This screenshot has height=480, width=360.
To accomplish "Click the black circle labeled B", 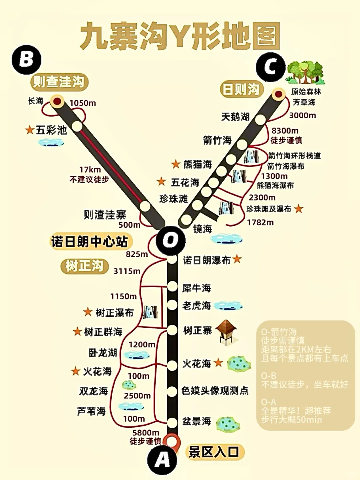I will click(26, 60).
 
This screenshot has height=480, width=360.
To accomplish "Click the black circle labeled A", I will click(162, 460).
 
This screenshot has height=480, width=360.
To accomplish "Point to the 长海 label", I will click(36, 101).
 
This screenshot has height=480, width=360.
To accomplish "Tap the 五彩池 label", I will click(51, 130).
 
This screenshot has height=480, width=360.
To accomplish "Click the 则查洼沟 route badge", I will click(59, 82).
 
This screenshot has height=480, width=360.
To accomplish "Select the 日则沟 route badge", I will click(241, 89).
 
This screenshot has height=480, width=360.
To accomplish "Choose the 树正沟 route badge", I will click(84, 266).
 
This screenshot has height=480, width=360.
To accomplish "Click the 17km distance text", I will click(90, 170).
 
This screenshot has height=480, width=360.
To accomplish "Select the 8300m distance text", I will click(285, 131).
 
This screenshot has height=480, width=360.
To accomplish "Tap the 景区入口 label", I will click(214, 452).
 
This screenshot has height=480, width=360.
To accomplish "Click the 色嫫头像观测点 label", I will click(215, 390).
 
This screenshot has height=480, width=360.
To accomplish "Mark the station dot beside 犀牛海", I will click(172, 286).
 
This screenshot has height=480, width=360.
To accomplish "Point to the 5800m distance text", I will click(146, 432).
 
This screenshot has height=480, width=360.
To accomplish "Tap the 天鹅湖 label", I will click(235, 117).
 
